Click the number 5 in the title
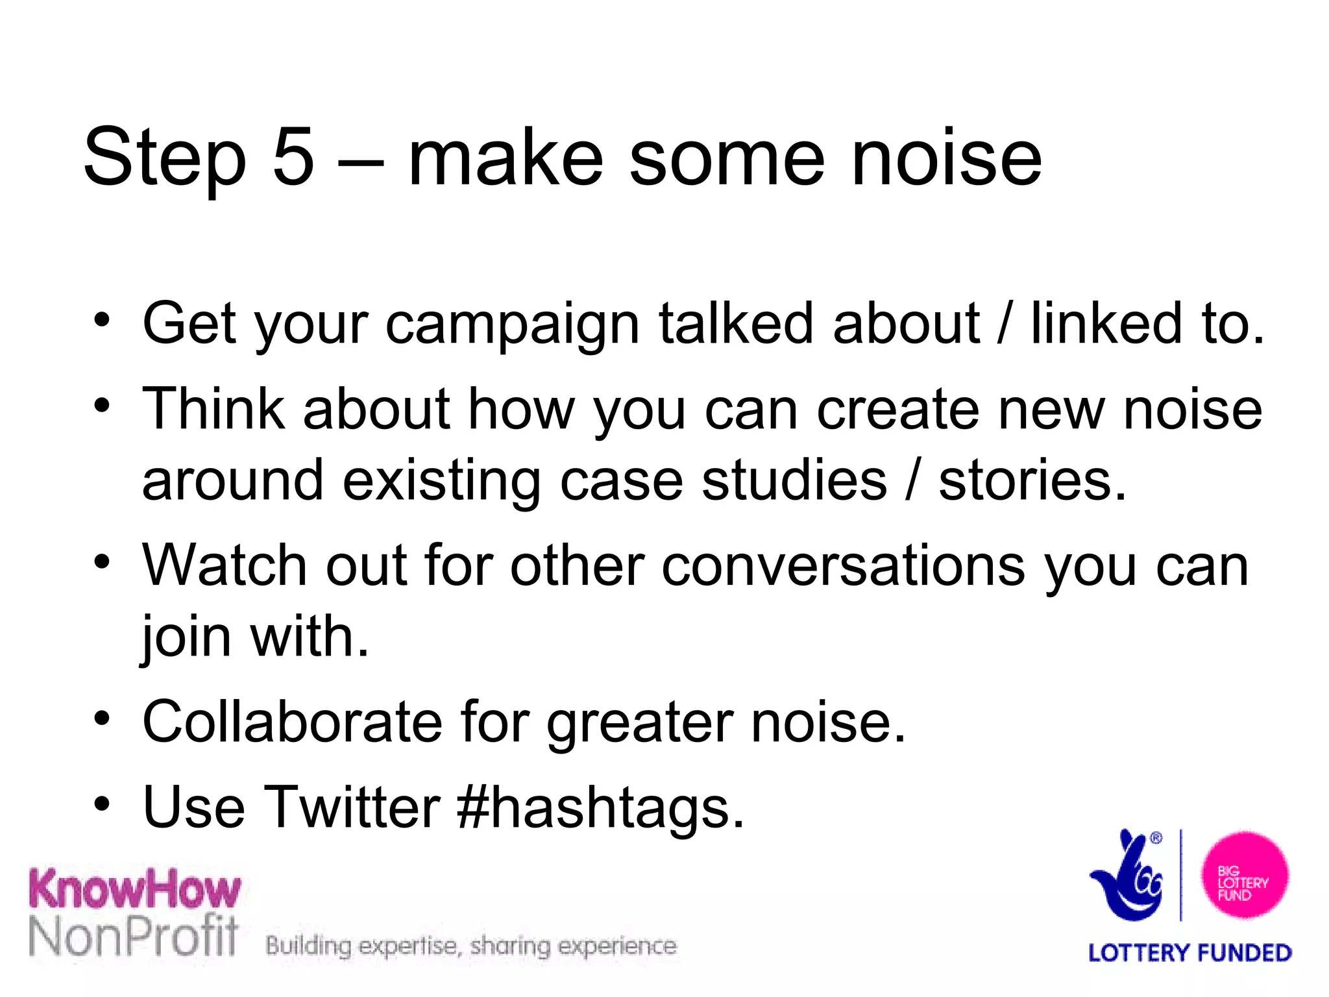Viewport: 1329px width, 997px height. pos(293,158)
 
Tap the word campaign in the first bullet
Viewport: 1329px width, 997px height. pos(513,325)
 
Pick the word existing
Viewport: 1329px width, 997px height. pos(441,482)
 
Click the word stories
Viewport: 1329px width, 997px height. pos(1032,481)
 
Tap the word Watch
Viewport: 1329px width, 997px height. pos(224,566)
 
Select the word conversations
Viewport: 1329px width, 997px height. pos(844,566)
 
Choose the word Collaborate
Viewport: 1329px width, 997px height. pos(292,722)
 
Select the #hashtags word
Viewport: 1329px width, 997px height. pos(600,808)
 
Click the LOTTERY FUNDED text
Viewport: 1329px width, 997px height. pos(1189,953)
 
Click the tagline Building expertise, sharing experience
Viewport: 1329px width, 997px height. pos(471,946)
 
